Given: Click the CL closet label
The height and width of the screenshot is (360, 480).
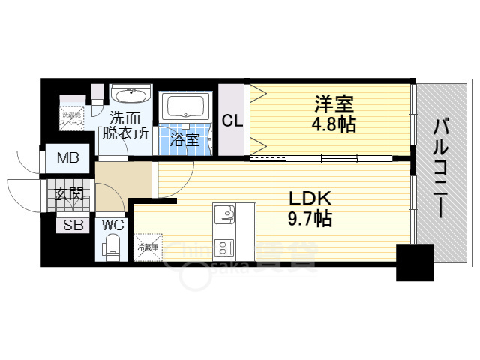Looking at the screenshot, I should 232,121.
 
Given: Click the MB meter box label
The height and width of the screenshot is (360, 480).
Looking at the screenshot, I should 67,159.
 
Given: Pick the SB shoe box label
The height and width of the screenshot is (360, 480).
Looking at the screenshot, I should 73,224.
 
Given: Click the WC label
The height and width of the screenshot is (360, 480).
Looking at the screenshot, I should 112,224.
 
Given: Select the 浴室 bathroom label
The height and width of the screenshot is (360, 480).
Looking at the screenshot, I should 183,139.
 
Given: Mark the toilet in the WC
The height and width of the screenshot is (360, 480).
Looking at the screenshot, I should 112,246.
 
